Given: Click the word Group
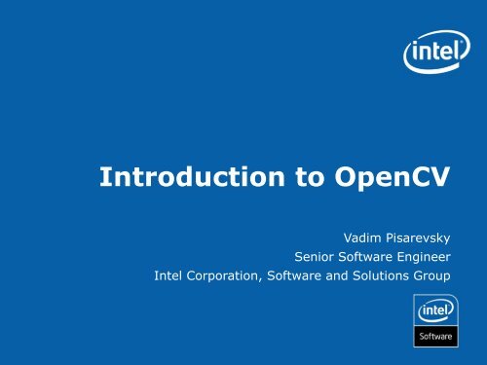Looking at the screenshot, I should pyautogui.click(x=442, y=280).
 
